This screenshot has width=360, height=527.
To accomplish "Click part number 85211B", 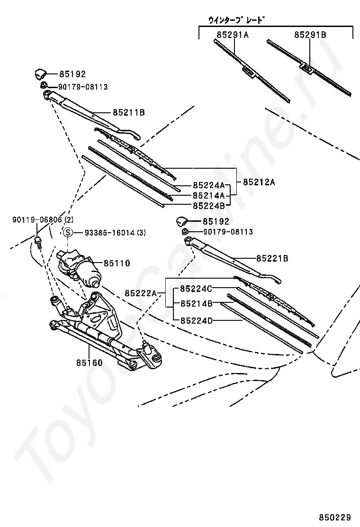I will (128, 113).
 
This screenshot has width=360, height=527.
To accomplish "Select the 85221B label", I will (272, 258).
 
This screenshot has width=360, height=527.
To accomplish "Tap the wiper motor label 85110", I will (117, 263).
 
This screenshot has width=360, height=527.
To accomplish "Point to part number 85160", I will (90, 363).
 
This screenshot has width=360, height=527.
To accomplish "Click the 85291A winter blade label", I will (233, 35).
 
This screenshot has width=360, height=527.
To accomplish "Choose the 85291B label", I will (310, 35).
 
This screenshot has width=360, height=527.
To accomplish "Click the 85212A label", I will (259, 182).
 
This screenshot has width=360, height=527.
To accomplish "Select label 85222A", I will (141, 293).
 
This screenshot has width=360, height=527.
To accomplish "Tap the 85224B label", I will (208, 205).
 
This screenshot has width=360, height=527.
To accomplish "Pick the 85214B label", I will (196, 304).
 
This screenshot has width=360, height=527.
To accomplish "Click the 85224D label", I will (196, 320).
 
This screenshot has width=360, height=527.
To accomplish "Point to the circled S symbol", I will (68, 232).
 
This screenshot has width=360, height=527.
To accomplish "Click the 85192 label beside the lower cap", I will (216, 221).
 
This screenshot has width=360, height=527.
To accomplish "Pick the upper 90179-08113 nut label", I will (83, 87).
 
